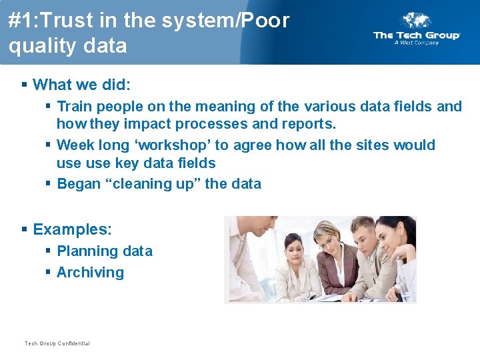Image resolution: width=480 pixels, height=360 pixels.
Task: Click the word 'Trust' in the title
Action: (68, 21)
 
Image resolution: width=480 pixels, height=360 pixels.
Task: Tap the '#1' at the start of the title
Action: (21, 21)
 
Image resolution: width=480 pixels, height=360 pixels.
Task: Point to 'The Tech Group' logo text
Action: (416, 35)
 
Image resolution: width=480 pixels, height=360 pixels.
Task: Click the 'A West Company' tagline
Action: (416, 43)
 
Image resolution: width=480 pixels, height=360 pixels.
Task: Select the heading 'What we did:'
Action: (81, 85)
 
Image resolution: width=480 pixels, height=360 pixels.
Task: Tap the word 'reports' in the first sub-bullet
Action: (311, 124)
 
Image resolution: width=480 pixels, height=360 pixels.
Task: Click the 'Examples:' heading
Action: (72, 230)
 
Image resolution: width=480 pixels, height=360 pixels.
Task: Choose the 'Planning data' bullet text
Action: (105, 251)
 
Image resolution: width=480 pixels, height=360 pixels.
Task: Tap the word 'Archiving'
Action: (90, 273)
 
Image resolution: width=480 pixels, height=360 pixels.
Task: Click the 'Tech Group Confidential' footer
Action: (57, 343)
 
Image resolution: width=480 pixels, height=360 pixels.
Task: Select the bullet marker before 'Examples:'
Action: (24, 230)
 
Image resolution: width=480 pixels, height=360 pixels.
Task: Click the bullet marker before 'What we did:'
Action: (24, 85)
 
